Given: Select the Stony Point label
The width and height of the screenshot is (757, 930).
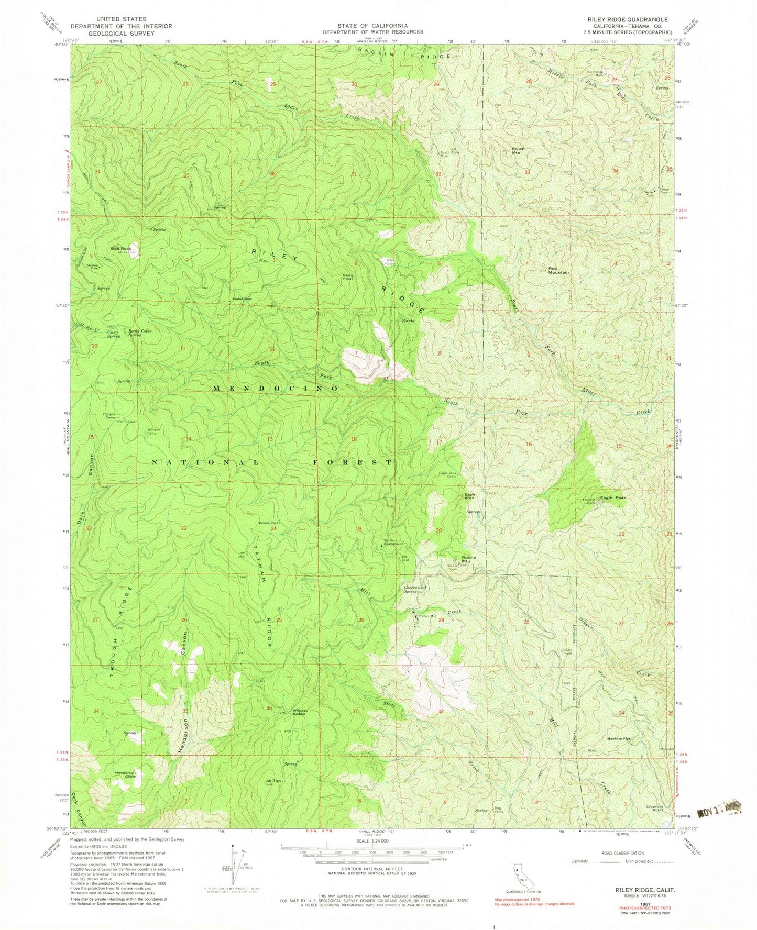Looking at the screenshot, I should point(348,277).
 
